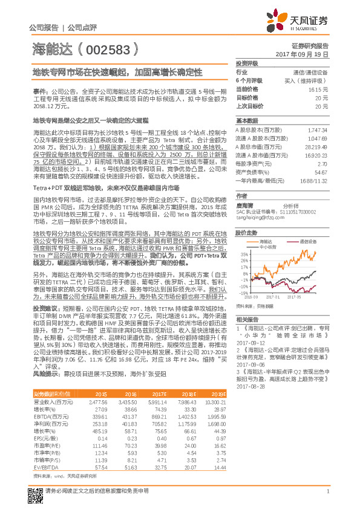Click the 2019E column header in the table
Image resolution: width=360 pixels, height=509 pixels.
pyautogui.click(x=217, y=394)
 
